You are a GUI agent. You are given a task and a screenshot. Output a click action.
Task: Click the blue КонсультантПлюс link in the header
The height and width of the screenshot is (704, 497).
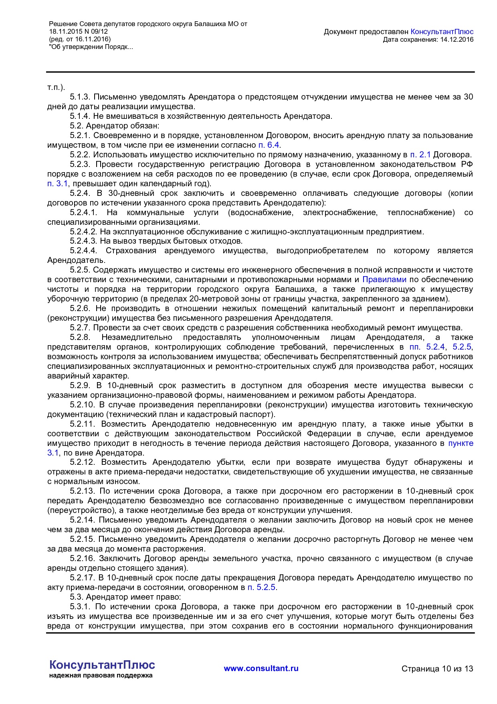(x=442, y=32)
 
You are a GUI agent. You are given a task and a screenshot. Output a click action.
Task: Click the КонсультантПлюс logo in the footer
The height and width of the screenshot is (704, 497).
(x=102, y=665)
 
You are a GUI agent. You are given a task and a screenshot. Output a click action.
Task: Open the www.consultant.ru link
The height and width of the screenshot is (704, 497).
(x=261, y=668)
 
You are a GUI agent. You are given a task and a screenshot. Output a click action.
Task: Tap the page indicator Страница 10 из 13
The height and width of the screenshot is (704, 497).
(x=437, y=669)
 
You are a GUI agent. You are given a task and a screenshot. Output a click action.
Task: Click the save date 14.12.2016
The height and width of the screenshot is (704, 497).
(x=457, y=39)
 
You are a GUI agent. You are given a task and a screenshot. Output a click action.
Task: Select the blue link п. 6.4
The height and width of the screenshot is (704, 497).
(x=269, y=145)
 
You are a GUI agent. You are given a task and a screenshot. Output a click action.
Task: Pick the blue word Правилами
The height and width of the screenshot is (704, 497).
(x=384, y=279)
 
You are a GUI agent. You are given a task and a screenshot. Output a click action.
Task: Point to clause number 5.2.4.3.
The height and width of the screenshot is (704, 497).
(x=83, y=241)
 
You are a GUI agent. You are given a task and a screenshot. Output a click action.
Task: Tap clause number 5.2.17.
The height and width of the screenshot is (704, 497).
(x=82, y=578)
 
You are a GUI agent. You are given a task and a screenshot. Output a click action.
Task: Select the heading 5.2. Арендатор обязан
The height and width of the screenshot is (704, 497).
(x=115, y=126)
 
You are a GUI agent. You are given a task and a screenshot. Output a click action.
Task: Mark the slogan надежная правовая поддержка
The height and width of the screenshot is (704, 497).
(x=101, y=676)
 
